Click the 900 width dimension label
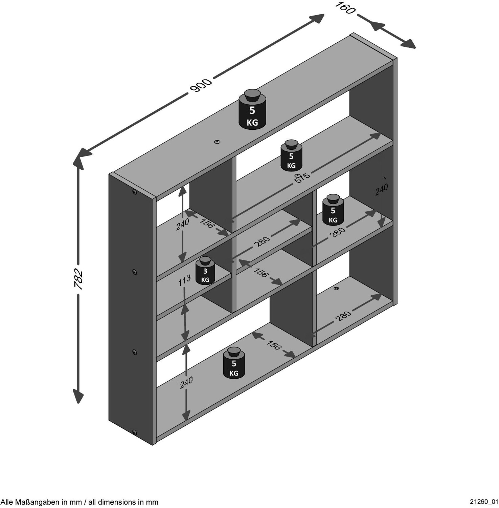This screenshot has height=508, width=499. click(201, 85)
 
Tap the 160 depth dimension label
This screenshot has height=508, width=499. click(345, 8)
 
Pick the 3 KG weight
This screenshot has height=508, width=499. click(205, 271)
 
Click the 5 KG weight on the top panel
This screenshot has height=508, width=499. click(252, 109)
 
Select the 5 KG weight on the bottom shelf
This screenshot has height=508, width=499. click(234, 363)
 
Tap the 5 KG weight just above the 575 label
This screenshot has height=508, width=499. click(291, 156)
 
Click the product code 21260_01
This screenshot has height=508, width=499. click(484, 502)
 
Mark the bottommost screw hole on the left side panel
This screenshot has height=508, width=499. click(135, 432)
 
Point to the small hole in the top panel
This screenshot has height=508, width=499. click(217, 142)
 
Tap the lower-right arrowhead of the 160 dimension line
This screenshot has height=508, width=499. click(407, 43)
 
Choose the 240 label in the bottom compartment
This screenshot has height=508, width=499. click(186, 382)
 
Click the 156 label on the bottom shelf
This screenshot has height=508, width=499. click(274, 345)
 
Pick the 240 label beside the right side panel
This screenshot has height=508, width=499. click(382, 189)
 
